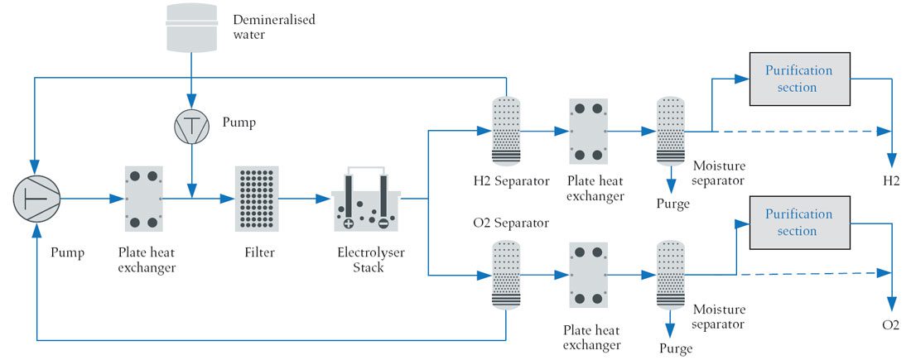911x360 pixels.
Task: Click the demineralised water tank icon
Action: click(x=191, y=27)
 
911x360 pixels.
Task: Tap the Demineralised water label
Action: click(x=262, y=26)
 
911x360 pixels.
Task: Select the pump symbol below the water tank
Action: click(x=191, y=127)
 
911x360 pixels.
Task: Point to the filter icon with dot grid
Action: click(x=257, y=199)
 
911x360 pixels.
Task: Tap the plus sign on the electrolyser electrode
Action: click(x=348, y=223)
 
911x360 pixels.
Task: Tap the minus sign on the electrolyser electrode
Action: click(x=383, y=223)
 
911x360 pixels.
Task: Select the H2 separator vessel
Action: click(x=505, y=131)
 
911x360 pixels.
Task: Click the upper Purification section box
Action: click(x=798, y=79)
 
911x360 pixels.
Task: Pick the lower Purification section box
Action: click(x=798, y=223)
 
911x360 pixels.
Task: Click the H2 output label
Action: click(x=891, y=180)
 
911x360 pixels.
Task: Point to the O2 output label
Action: click(x=891, y=324)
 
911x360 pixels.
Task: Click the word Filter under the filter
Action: click(x=257, y=252)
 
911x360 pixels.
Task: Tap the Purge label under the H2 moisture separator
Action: click(x=672, y=203)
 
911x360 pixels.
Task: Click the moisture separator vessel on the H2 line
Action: click(x=672, y=131)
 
